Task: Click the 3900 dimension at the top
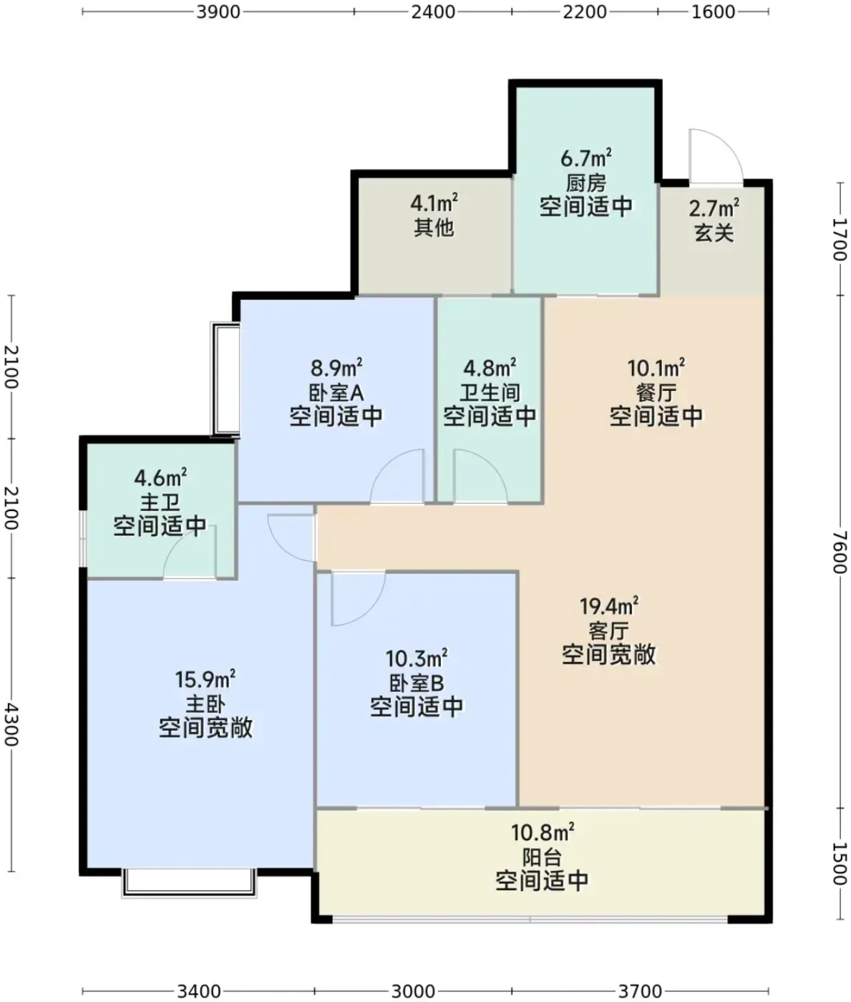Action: click(x=218, y=12)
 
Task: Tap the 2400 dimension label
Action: click(x=433, y=12)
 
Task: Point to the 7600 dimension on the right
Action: click(x=840, y=552)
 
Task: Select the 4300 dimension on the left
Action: click(x=11, y=725)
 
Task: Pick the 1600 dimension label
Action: click(x=714, y=12)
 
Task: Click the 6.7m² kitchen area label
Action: click(x=585, y=158)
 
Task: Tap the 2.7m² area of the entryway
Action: click(x=714, y=208)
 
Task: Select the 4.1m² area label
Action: click(x=434, y=203)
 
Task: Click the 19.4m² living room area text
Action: click(x=609, y=605)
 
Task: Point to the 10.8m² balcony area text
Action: click(x=542, y=832)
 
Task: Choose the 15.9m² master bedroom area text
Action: click(x=205, y=679)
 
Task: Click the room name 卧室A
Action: click(x=336, y=393)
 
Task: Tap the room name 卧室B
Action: click(x=417, y=684)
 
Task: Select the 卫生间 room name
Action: click(x=490, y=393)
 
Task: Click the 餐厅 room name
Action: click(x=656, y=393)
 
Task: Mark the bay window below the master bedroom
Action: click(x=189, y=884)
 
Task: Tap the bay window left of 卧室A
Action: click(x=225, y=379)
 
